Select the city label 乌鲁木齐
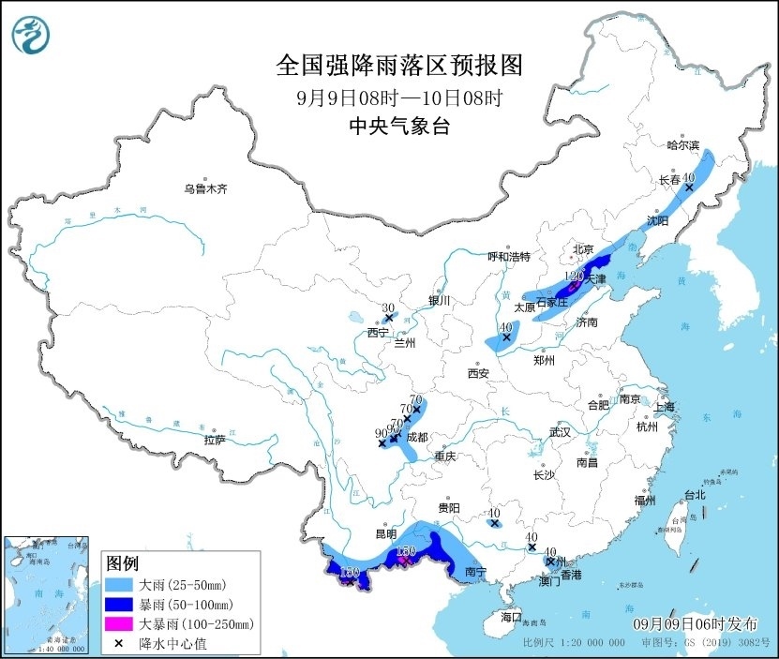[x=205, y=188]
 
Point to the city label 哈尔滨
[x=682, y=145]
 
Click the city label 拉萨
[x=214, y=440]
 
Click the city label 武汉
[x=560, y=432]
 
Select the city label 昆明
[x=386, y=533]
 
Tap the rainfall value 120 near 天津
[x=575, y=277]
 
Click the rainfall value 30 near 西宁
[x=388, y=307]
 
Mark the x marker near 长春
[x=689, y=187]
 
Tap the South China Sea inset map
[x=47, y=594]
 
